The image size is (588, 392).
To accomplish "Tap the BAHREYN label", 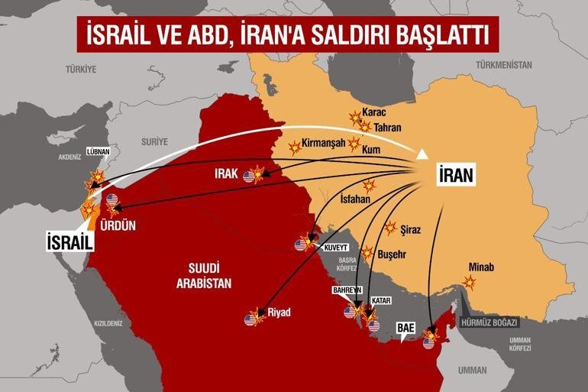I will (347, 290).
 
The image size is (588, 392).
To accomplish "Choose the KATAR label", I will (381, 301).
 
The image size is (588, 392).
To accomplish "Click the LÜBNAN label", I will (99, 151).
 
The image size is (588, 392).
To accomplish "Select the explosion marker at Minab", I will (469, 283).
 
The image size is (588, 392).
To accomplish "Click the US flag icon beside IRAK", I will (249, 177).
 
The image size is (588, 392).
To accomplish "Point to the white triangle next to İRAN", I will (422, 156).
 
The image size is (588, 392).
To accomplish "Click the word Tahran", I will (388, 128).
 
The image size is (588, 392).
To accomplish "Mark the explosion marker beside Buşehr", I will (367, 253).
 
